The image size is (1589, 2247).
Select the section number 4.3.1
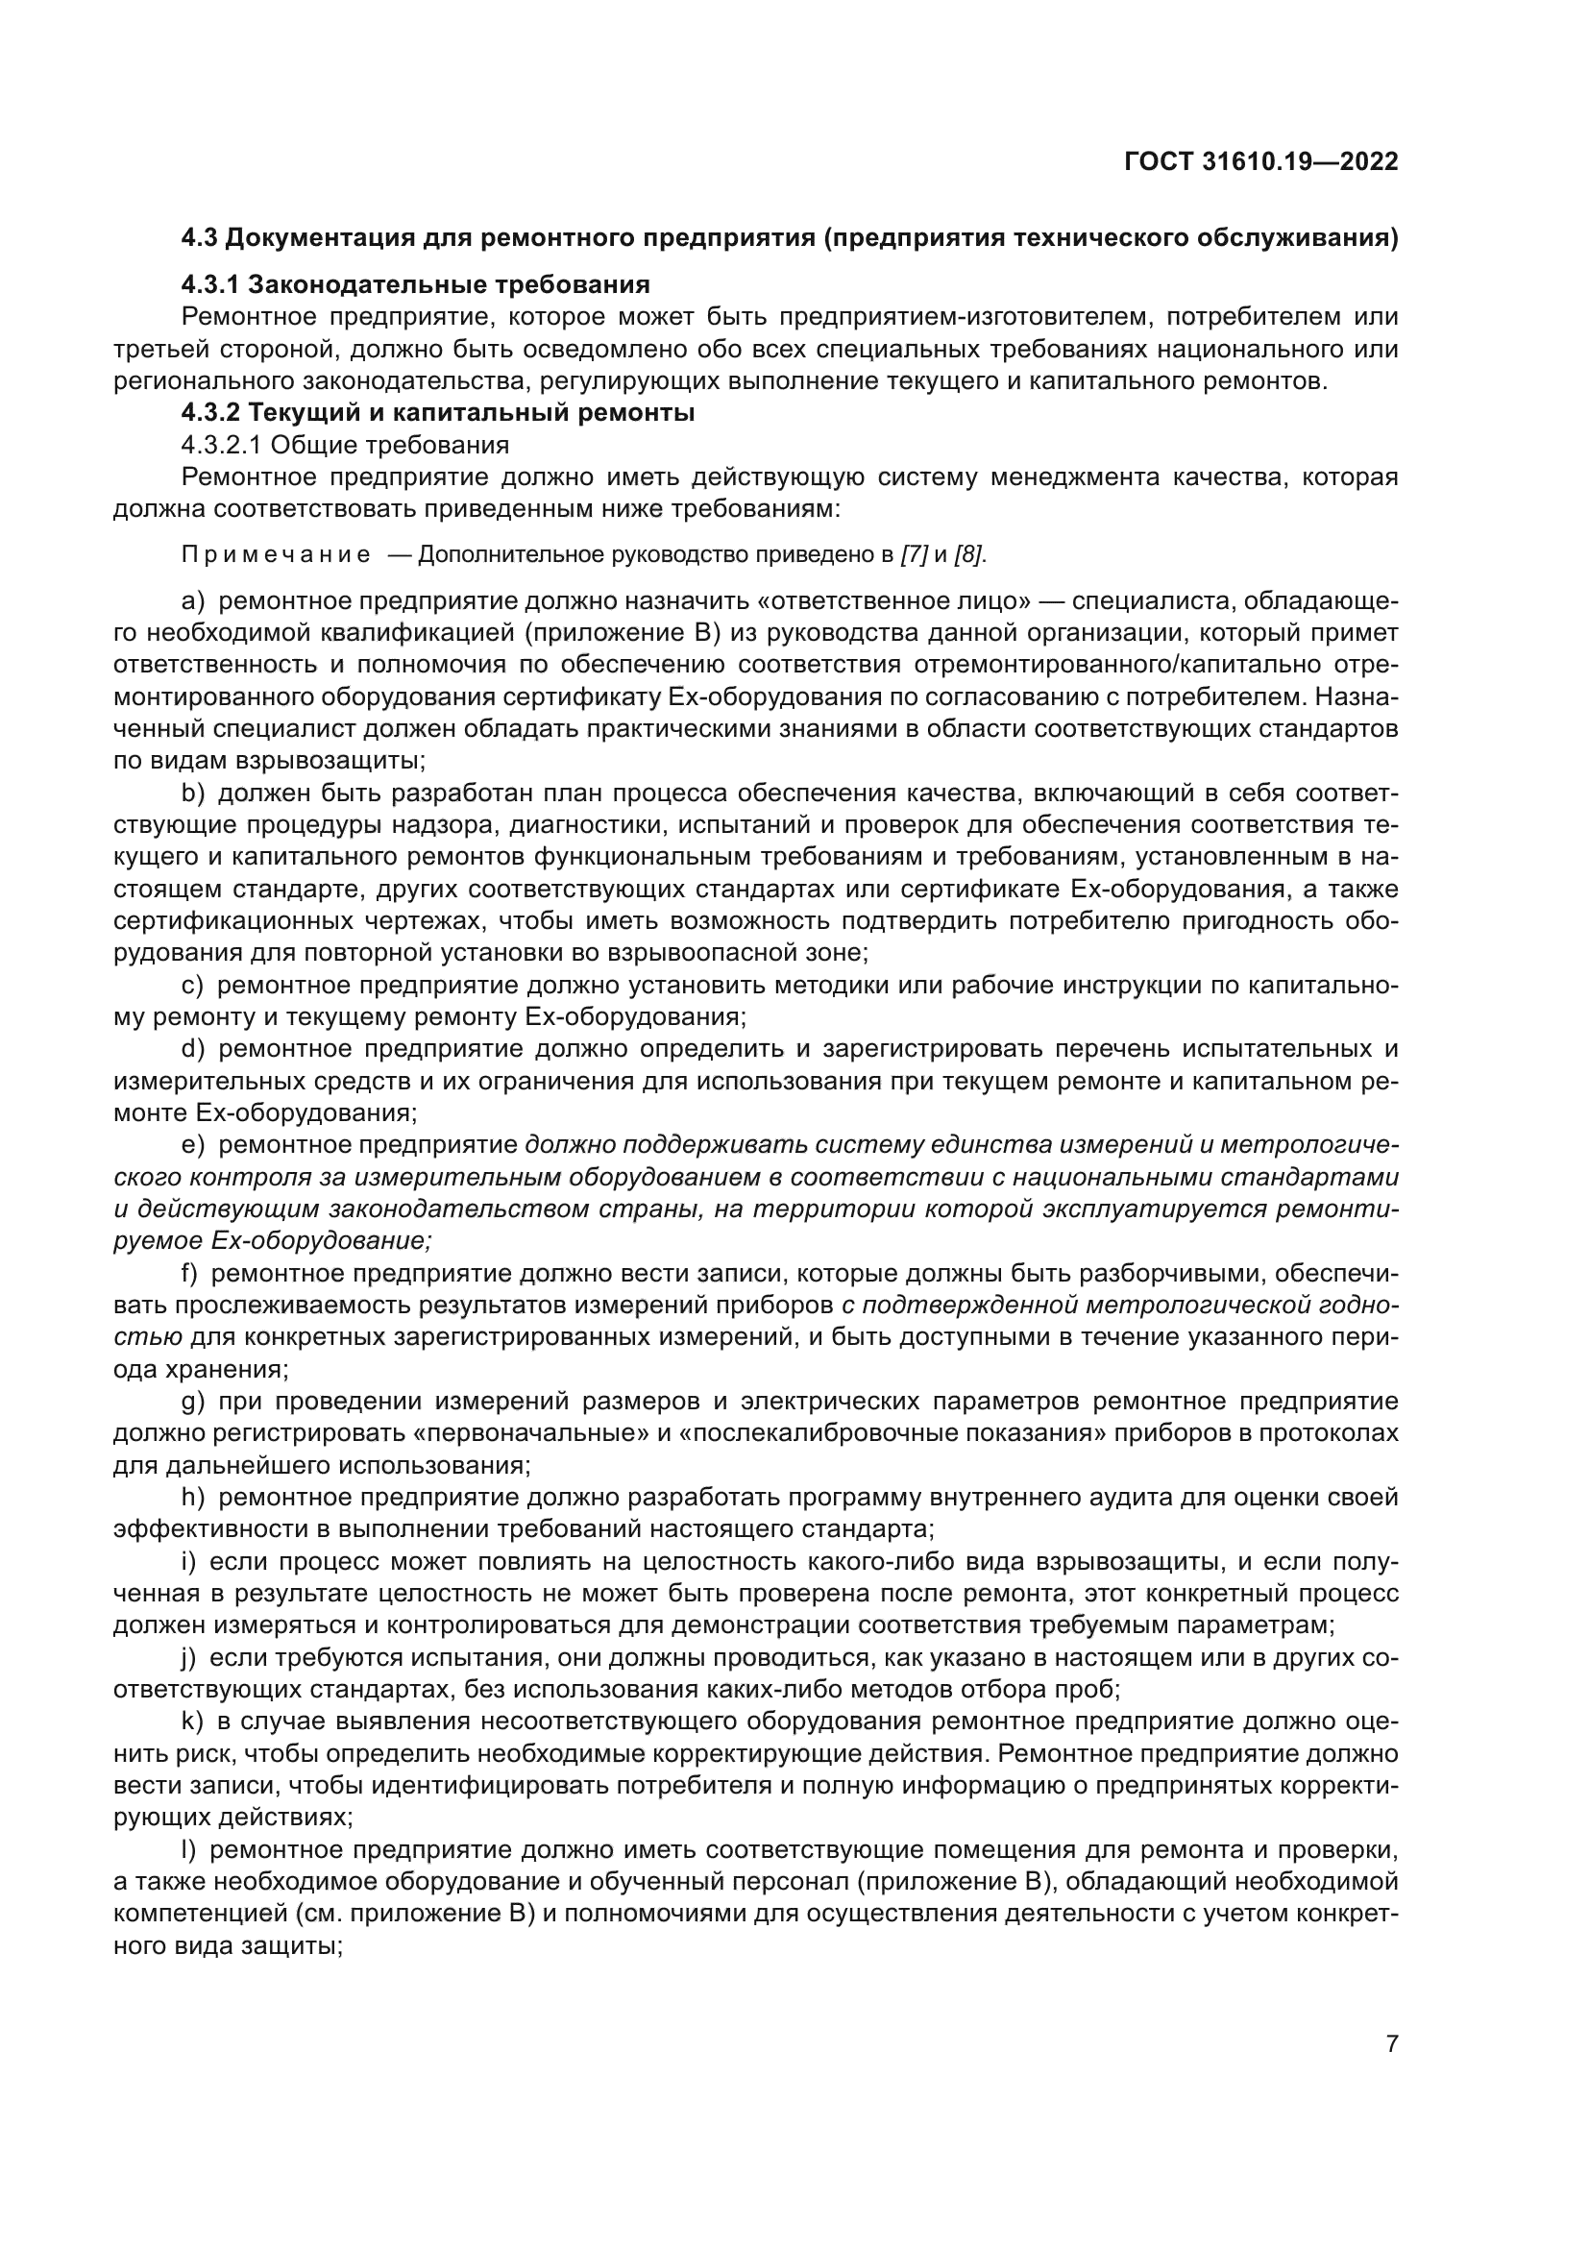point(210,284)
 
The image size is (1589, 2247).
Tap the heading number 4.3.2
point(210,413)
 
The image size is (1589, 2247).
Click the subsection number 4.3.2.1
point(222,446)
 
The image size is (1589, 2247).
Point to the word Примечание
point(276,556)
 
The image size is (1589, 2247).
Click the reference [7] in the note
point(913,556)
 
